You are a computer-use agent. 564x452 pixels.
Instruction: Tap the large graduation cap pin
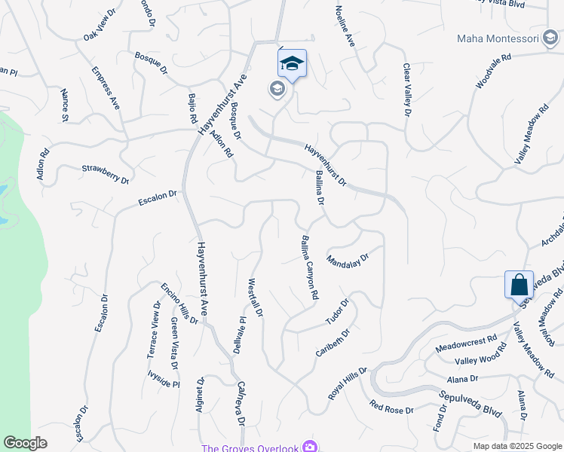pyautogui.click(x=293, y=64)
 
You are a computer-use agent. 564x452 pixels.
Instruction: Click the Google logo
pyautogui.click(x=26, y=443)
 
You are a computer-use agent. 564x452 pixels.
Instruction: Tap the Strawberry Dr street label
pyautogui.click(x=106, y=175)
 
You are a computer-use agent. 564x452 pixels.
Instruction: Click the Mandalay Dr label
pyautogui.click(x=348, y=260)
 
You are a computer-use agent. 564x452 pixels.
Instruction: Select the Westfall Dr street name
pyautogui.click(x=255, y=297)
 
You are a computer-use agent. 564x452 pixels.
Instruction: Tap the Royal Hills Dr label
pyautogui.click(x=347, y=384)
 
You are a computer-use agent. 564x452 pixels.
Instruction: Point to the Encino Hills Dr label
pyautogui.click(x=179, y=304)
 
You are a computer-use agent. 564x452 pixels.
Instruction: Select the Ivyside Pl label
pyautogui.click(x=163, y=378)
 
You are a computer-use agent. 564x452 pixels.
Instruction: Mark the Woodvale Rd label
pyautogui.click(x=494, y=71)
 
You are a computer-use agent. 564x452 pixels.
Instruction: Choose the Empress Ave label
pyautogui.click(x=106, y=88)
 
